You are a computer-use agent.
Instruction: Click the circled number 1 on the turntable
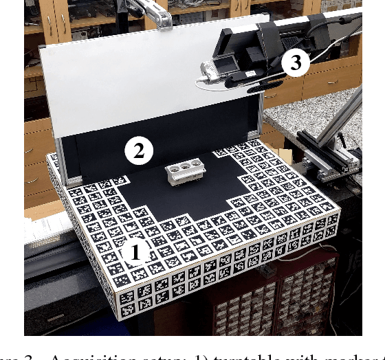point(135,253)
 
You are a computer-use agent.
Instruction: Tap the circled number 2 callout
point(138,150)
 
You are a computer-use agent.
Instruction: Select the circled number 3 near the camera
point(296,63)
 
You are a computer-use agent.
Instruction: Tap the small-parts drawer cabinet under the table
point(275,302)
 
